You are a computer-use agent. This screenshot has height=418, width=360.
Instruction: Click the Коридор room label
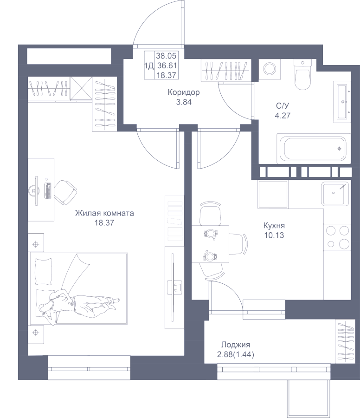pos(184,92)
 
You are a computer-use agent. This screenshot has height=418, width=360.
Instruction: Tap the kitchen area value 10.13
pos(273,235)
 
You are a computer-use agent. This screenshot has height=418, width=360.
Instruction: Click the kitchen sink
pos(334,193)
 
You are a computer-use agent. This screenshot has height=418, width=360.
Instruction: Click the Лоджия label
pos(236,345)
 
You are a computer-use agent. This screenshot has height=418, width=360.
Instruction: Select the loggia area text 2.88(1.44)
pos(236,354)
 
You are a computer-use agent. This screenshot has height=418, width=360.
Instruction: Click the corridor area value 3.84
pos(184,102)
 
